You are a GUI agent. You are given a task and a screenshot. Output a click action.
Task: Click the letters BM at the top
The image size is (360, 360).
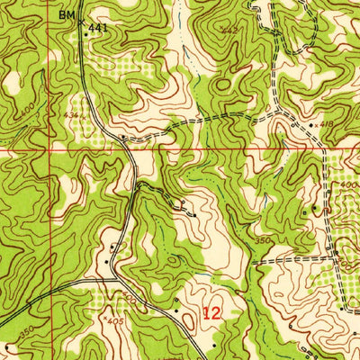point(67,14)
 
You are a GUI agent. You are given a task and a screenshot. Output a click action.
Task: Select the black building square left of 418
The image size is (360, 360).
point(310,125)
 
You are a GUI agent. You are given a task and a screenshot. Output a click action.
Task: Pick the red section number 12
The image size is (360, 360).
point(211,314)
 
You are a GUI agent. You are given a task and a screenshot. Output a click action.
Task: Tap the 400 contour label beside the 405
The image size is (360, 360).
point(131,298)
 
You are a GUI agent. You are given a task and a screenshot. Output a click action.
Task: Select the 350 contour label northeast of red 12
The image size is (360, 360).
point(262,241)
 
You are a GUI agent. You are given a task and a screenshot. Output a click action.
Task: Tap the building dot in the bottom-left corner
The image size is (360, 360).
point(7,345)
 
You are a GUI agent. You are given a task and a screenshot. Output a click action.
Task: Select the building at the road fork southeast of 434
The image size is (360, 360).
point(123,138)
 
